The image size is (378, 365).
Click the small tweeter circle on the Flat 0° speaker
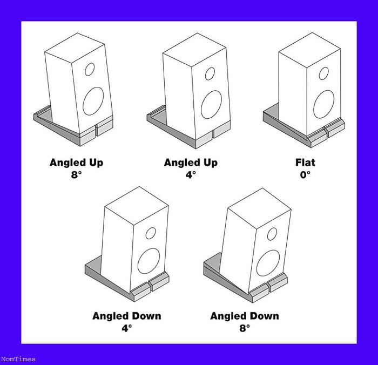coord(323,73)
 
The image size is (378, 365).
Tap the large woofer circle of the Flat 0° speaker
coord(324,104)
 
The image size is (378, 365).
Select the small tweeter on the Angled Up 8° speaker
coord(90,70)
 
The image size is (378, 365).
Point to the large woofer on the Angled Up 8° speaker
coord(93,101)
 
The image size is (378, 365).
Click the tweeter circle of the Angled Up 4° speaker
coord(210,73)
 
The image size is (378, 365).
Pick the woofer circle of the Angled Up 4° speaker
coord(212,105)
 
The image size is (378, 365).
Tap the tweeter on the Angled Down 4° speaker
coord(151,233)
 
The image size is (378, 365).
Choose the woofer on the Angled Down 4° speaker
coord(148,261)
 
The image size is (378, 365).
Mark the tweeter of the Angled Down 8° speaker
coord(272,234)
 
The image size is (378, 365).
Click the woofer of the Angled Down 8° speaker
coord(268,263)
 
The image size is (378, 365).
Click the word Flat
coord(305,163)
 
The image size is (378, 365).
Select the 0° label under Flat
coord(305,174)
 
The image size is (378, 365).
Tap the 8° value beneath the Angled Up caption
coord(76,174)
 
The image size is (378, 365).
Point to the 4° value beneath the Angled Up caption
coord(191,174)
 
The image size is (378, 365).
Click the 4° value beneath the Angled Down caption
coord(127,328)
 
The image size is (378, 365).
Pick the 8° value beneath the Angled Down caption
coord(245,328)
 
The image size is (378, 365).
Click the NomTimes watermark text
coord(18,359)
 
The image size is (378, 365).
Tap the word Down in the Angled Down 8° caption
coord(264,316)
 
